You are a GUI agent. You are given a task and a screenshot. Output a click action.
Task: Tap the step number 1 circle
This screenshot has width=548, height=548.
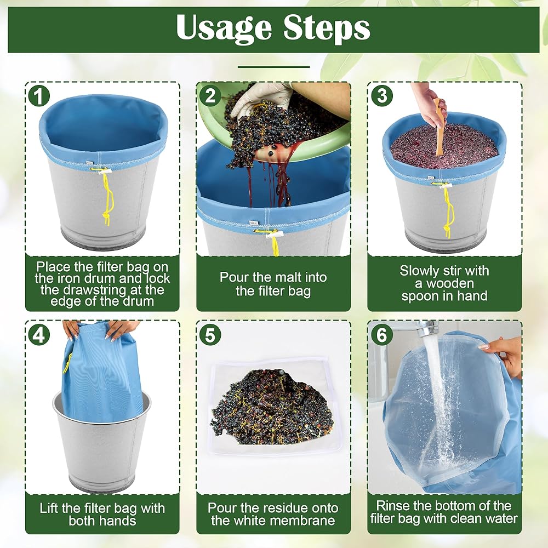(x=39, y=96)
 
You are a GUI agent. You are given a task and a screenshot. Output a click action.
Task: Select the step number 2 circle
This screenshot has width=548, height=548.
(x=210, y=96)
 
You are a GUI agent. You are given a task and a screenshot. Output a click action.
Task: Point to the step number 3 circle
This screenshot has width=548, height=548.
(x=381, y=96)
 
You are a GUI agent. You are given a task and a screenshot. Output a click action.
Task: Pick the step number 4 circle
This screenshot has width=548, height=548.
(x=39, y=334)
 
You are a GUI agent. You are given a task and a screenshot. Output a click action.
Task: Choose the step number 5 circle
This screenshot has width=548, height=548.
(x=210, y=334)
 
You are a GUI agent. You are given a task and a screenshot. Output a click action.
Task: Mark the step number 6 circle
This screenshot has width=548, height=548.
(x=381, y=334)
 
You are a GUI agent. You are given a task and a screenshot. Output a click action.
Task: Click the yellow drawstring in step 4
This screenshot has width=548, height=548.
(x=67, y=363)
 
